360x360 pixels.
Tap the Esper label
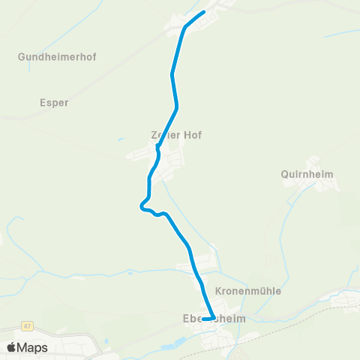54,103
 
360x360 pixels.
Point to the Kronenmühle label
247,291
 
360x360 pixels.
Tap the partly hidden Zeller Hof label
176,136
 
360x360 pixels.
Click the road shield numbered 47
28,325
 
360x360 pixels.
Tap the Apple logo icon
11,347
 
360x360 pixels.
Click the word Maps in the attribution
32,347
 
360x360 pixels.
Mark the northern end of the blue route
204,13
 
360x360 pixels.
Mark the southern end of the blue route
204,319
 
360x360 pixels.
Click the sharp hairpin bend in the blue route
140,205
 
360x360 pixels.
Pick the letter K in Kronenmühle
218,291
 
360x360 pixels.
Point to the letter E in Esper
42,103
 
